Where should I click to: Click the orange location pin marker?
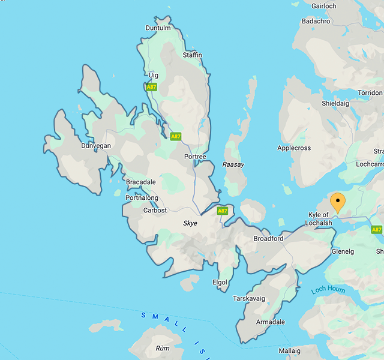click(338, 202)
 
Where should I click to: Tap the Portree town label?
click(195, 157)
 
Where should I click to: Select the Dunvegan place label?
click(96, 145)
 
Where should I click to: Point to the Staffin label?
click(191, 55)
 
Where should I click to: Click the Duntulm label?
click(158, 28)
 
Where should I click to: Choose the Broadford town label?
click(268, 238)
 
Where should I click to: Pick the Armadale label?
click(271, 322)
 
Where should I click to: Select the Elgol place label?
click(220, 282)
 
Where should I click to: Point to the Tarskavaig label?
click(249, 298)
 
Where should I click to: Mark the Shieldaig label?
click(337, 103)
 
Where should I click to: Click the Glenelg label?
click(343, 252)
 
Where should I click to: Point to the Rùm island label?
click(163, 348)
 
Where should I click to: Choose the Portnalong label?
click(142, 198)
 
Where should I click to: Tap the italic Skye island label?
click(190, 223)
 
